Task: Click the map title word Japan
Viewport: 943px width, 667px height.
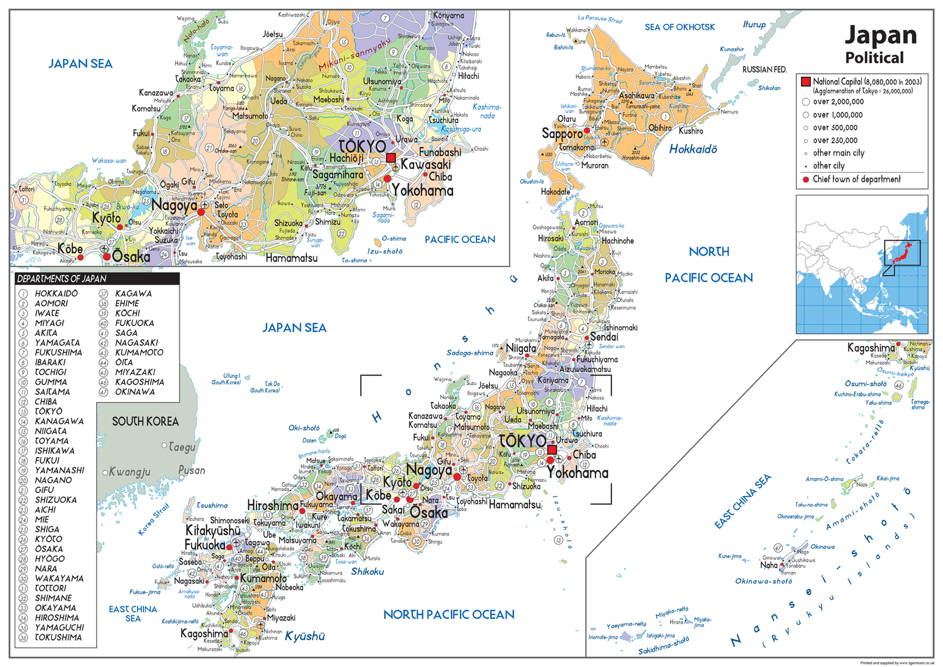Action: tap(880, 35)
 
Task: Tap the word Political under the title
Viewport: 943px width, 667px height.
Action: tap(874, 58)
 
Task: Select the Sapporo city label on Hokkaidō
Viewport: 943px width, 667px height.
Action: tap(562, 134)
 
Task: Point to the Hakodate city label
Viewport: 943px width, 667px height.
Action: tap(555, 192)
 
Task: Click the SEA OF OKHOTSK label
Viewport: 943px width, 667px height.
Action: tap(680, 27)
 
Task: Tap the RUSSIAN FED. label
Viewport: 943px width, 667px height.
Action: tap(764, 70)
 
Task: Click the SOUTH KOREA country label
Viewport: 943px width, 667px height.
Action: tap(145, 421)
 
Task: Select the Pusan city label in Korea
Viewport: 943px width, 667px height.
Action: tap(192, 470)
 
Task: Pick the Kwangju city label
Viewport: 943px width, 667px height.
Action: tap(129, 472)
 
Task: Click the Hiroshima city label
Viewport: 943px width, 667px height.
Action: tap(272, 505)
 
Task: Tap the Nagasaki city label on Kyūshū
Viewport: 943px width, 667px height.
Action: tap(189, 580)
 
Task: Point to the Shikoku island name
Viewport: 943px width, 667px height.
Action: tap(367, 571)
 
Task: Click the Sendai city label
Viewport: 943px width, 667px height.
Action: tap(604, 337)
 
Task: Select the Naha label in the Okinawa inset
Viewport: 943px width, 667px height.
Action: tap(768, 565)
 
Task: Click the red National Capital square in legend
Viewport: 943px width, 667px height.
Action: tap(806, 82)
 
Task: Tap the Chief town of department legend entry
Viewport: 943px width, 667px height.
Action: tap(856, 179)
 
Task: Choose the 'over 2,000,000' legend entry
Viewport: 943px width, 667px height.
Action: tap(838, 102)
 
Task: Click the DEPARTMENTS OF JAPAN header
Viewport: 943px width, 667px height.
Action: tap(61, 279)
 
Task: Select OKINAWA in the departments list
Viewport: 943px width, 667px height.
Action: tap(135, 392)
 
